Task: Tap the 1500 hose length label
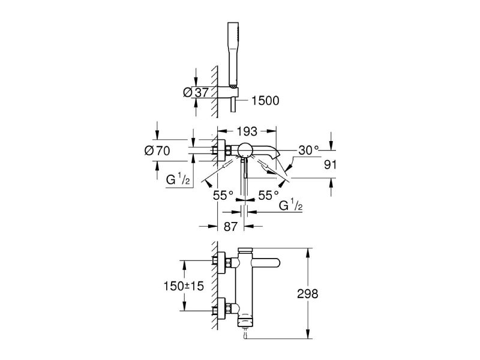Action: pyautogui.click(x=264, y=101)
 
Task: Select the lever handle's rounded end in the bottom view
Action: pyautogui.click(x=274, y=262)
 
